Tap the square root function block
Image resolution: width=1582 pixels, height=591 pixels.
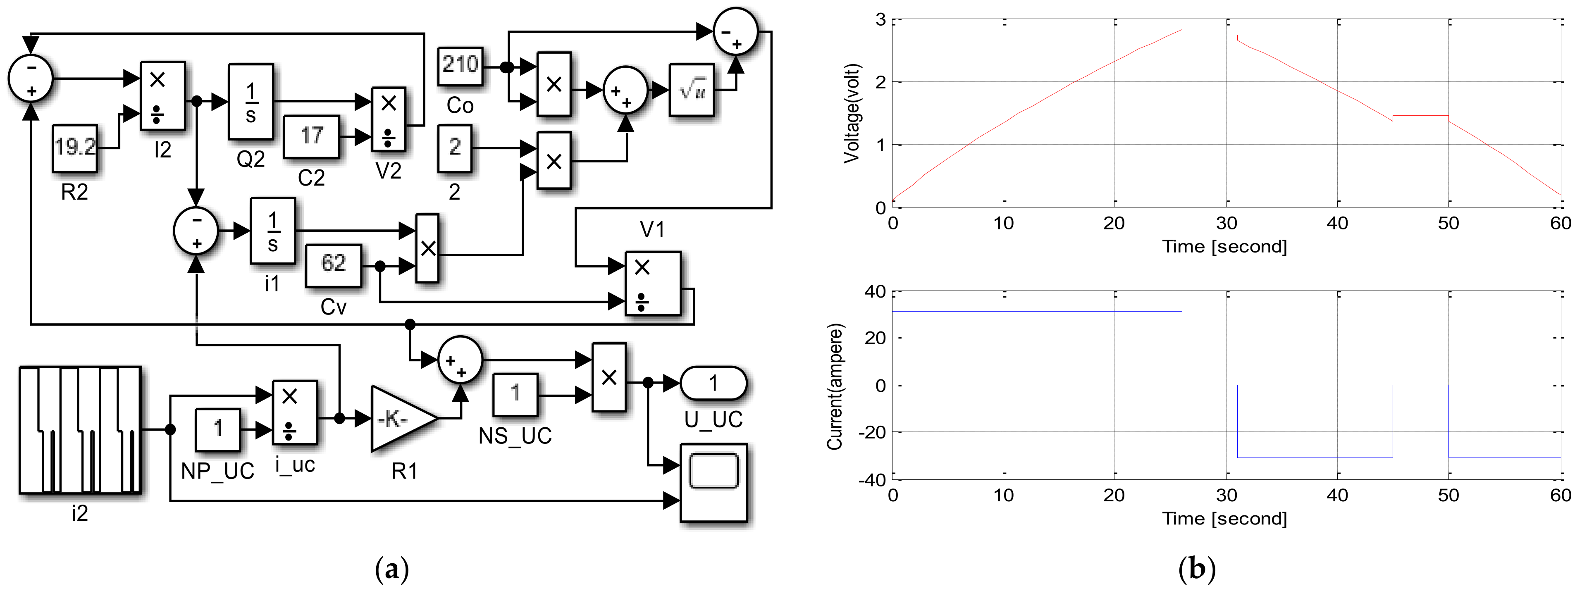tap(692, 90)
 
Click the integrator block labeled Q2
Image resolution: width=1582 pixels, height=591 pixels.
tap(251, 102)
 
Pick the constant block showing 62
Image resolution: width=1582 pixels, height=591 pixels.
tap(334, 265)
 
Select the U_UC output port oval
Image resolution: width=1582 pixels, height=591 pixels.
tap(713, 384)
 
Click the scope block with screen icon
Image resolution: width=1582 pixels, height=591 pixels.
tap(713, 482)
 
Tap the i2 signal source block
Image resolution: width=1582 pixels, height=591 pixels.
tap(80, 429)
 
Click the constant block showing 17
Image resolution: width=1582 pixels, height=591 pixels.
tap(311, 136)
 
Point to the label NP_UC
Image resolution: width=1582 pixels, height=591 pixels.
tap(217, 471)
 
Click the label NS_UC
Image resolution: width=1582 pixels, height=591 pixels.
tap(515, 436)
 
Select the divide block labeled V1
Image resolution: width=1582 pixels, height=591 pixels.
tap(653, 284)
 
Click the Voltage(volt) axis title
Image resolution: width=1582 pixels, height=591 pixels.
tap(852, 114)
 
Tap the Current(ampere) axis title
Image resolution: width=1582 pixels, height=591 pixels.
tap(835, 387)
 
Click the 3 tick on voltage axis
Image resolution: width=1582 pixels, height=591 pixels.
tap(880, 20)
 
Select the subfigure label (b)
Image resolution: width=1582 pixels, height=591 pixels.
tap(1196, 570)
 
